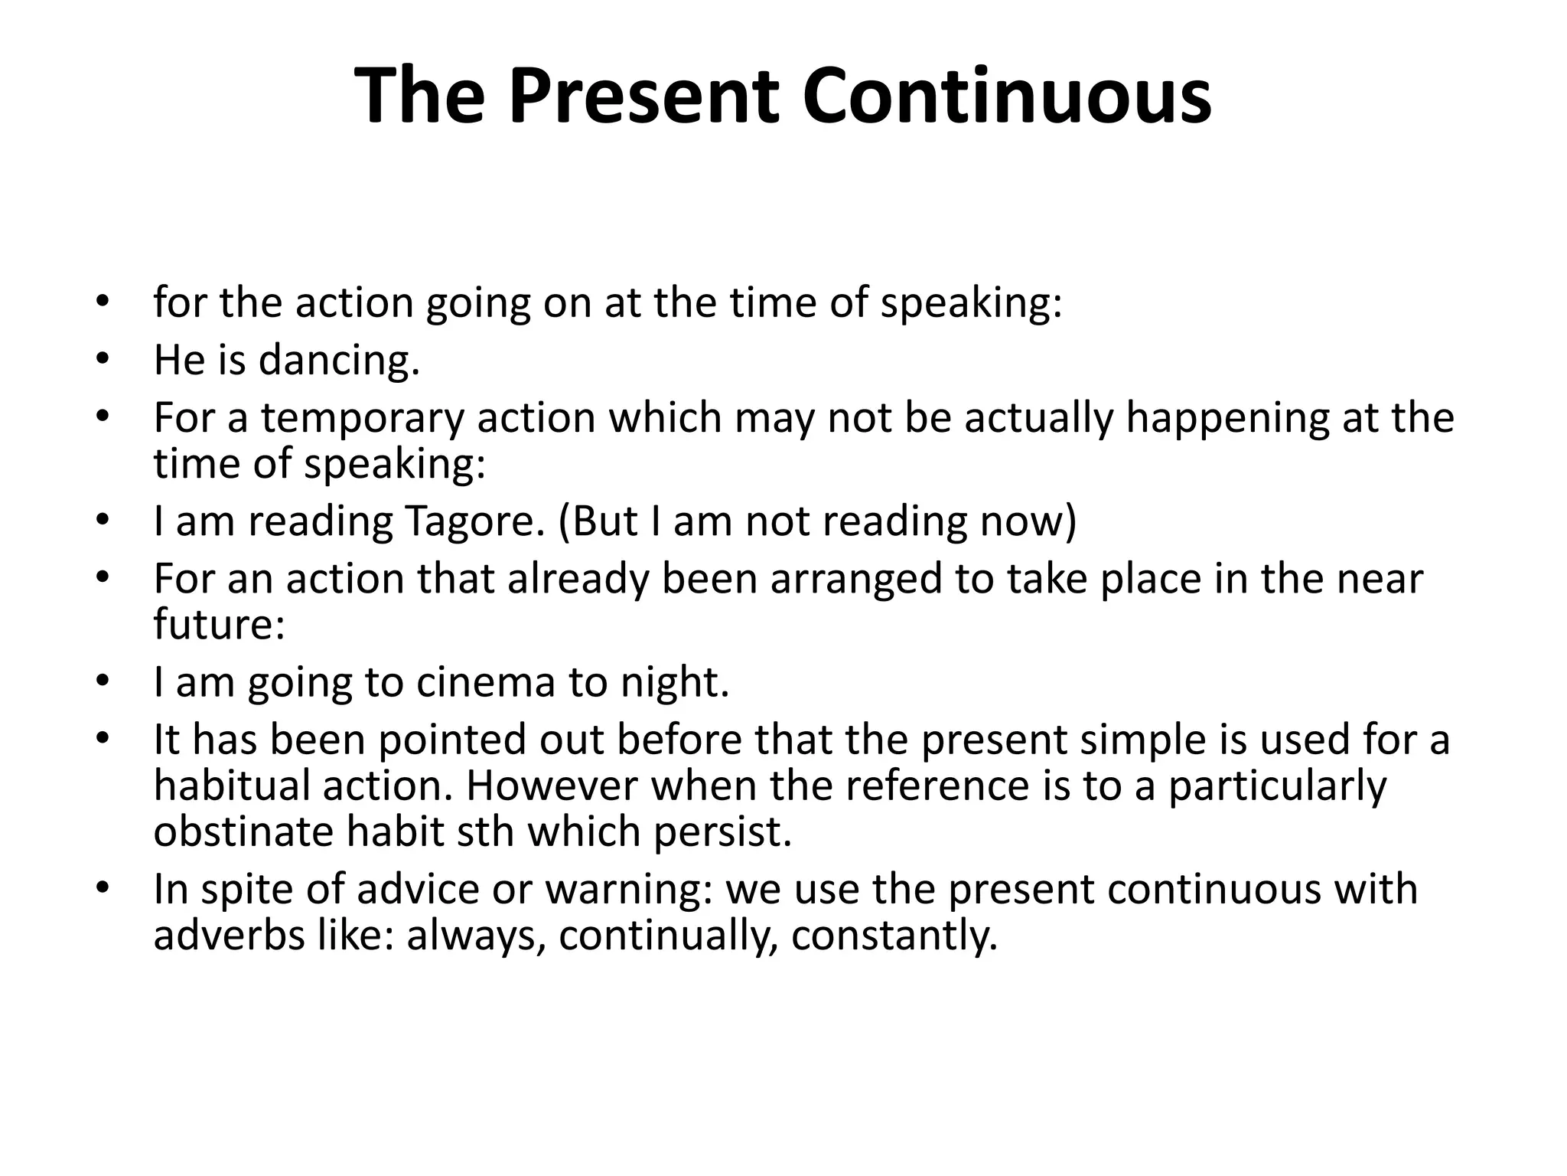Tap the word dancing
point(339,361)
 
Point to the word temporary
point(362,419)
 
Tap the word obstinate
point(243,832)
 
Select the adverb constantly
point(894,936)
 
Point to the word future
point(219,624)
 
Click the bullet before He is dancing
point(103,358)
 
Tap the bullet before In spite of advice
point(103,887)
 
